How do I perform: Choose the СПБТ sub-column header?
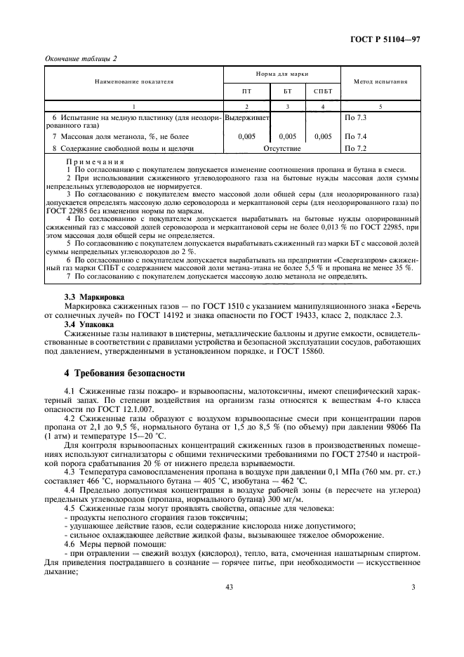[x=322, y=91]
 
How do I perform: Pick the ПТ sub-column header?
[x=246, y=91]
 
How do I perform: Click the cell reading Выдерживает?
[x=246, y=117]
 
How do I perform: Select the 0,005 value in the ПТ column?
[x=246, y=136]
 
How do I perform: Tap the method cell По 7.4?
[x=357, y=136]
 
